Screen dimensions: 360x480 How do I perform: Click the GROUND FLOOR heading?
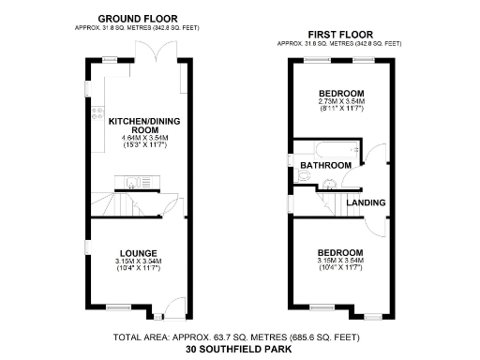(x=140, y=19)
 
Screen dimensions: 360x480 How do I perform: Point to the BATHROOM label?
(x=325, y=166)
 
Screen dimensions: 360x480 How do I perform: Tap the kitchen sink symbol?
(x=138, y=182)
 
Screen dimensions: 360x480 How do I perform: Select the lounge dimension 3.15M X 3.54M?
(x=139, y=262)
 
